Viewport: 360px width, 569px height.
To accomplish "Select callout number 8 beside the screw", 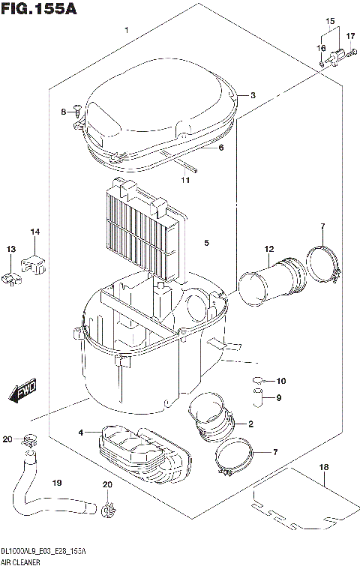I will coord(64,112).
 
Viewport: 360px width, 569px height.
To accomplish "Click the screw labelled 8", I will coord(76,112).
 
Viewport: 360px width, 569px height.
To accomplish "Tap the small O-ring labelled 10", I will coord(257,381).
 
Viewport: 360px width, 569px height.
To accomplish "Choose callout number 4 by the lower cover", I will coord(80,433).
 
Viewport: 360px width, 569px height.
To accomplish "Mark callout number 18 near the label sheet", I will coord(324,468).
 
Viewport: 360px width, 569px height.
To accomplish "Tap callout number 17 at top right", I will coord(350,36).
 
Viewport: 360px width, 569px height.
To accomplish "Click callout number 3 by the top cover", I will coord(253,95).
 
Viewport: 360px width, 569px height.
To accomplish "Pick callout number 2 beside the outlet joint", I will coord(250,424).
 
